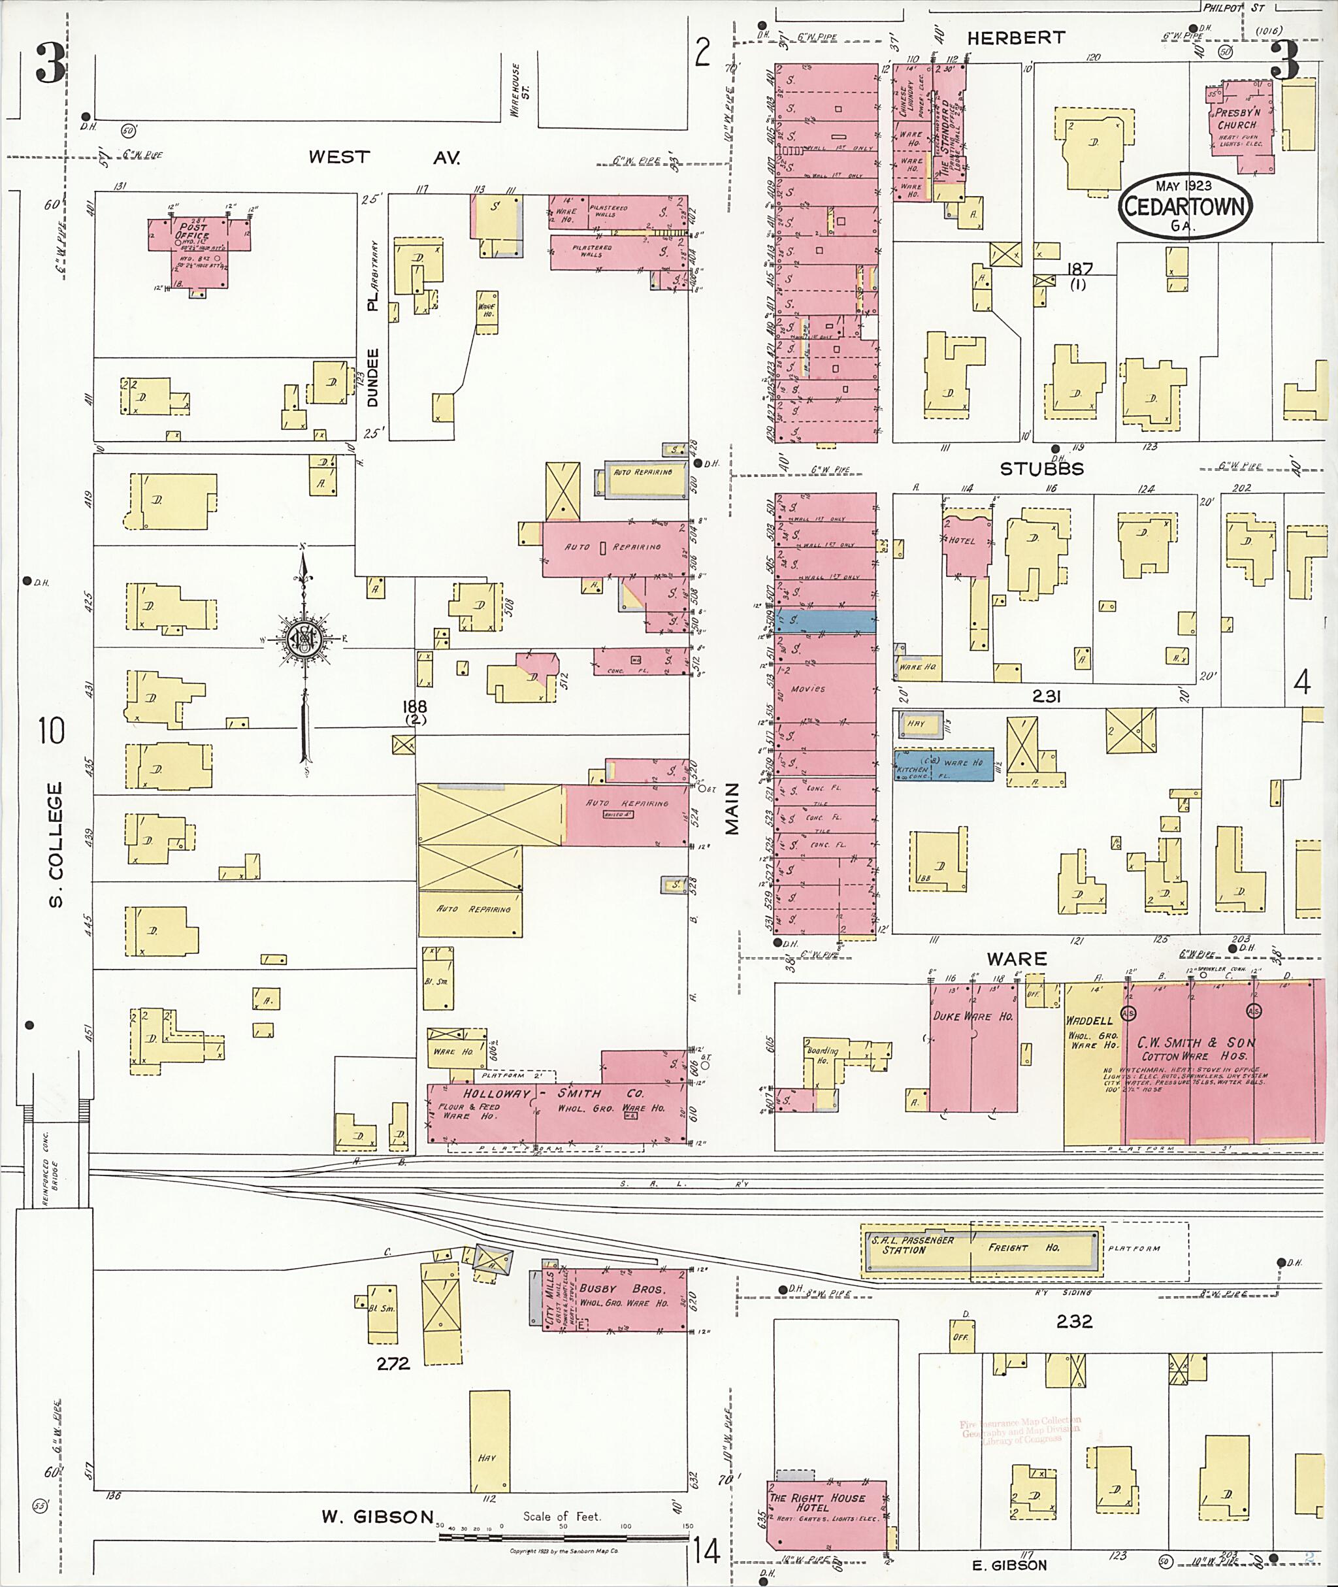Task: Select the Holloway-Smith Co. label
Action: coord(554,1094)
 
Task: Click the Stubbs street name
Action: coord(1041,469)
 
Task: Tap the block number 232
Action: coord(1074,1320)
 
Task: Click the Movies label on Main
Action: coord(807,688)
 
